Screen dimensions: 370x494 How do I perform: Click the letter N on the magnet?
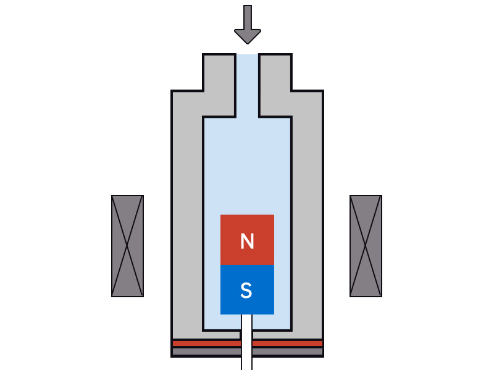247,241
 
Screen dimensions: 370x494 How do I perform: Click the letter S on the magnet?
246,290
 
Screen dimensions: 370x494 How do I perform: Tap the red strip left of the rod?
206,343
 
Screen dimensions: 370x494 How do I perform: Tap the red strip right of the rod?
287,343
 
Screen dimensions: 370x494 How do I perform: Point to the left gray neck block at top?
219,80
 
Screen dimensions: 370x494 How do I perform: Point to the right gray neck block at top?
275,80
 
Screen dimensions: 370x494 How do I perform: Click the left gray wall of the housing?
187,216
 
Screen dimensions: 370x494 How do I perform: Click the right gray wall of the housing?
307,216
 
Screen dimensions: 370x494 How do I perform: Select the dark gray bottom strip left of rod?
206,351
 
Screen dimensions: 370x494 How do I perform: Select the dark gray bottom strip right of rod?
287,351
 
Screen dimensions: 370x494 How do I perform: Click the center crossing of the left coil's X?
127,246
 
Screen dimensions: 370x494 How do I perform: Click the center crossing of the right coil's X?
366,246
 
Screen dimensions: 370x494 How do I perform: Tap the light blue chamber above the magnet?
247,166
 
